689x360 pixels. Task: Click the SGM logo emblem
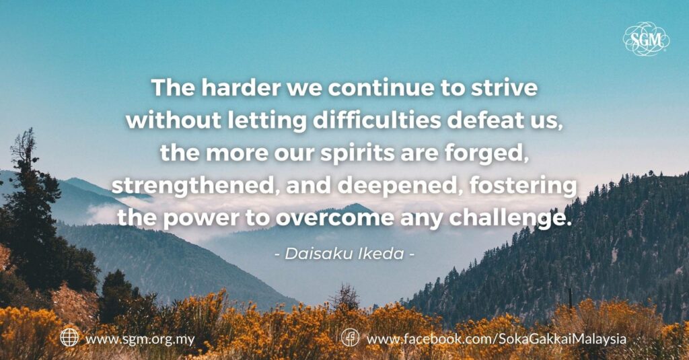coord(646,39)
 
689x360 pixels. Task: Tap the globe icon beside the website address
coord(69,338)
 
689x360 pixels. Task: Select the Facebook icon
coord(350,338)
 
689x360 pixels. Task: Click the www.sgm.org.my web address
coord(140,339)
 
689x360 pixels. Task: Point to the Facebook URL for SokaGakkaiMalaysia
coord(496,339)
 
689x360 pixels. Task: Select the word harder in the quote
coord(241,87)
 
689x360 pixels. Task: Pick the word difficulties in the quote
coord(377,120)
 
